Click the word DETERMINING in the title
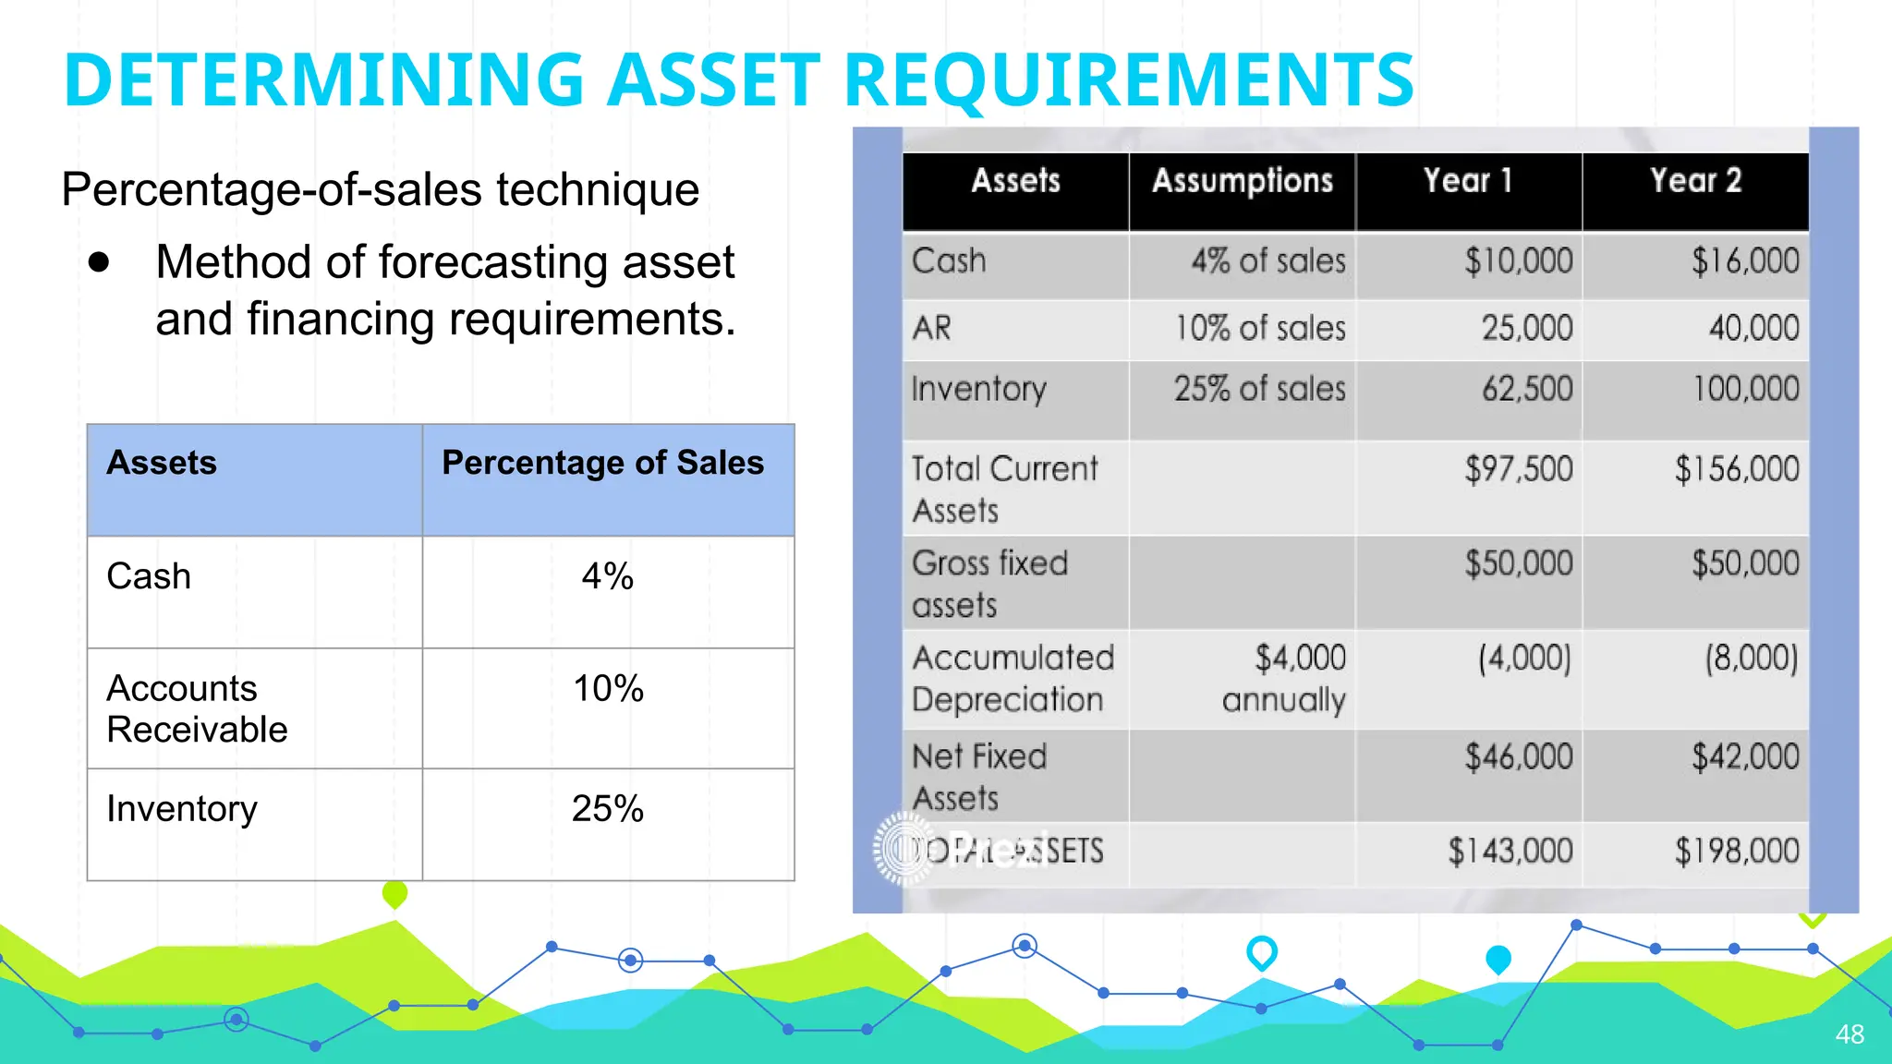point(323,80)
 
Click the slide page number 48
point(1850,1034)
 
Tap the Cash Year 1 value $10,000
point(1518,261)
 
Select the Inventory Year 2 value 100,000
point(1745,389)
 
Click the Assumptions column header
point(1242,181)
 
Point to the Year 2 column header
point(1695,181)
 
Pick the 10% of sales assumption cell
point(1260,329)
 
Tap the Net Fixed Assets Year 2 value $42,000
point(1745,757)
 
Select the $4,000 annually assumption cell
point(1283,679)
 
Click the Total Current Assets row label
point(1003,489)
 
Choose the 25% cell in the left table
point(607,809)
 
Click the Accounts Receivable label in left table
point(197,708)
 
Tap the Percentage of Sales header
point(602,463)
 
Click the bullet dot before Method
point(99,262)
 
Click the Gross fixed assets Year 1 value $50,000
point(1518,563)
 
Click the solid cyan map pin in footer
point(1498,960)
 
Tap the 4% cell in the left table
point(607,576)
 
